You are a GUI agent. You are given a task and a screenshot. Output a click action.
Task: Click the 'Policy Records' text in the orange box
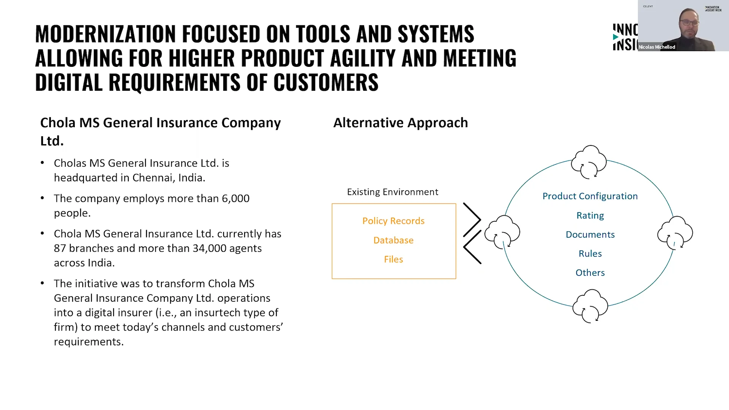[x=393, y=221]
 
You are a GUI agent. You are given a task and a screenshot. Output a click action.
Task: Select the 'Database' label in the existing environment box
[x=393, y=240]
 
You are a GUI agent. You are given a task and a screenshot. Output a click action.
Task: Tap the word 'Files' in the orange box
[x=393, y=259]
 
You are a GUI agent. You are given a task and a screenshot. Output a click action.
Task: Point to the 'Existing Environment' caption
[x=393, y=192]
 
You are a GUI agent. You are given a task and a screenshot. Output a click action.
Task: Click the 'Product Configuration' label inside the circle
[x=590, y=196]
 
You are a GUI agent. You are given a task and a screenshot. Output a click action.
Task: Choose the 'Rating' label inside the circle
[x=590, y=216]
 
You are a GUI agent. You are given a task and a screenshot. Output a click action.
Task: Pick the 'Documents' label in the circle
[x=590, y=235]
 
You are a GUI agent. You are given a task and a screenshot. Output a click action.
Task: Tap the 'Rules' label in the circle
[x=590, y=254]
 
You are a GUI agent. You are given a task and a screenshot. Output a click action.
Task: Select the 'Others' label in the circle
[x=590, y=273]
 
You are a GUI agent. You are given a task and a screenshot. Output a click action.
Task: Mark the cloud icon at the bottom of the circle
[x=590, y=306]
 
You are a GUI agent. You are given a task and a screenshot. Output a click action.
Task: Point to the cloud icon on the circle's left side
[x=503, y=232]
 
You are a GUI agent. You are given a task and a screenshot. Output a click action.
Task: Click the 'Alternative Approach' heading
[x=401, y=123]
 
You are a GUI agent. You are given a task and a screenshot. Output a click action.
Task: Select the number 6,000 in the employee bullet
[x=235, y=199]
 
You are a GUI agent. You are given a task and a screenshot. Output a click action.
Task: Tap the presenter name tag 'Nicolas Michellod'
[x=657, y=47]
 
